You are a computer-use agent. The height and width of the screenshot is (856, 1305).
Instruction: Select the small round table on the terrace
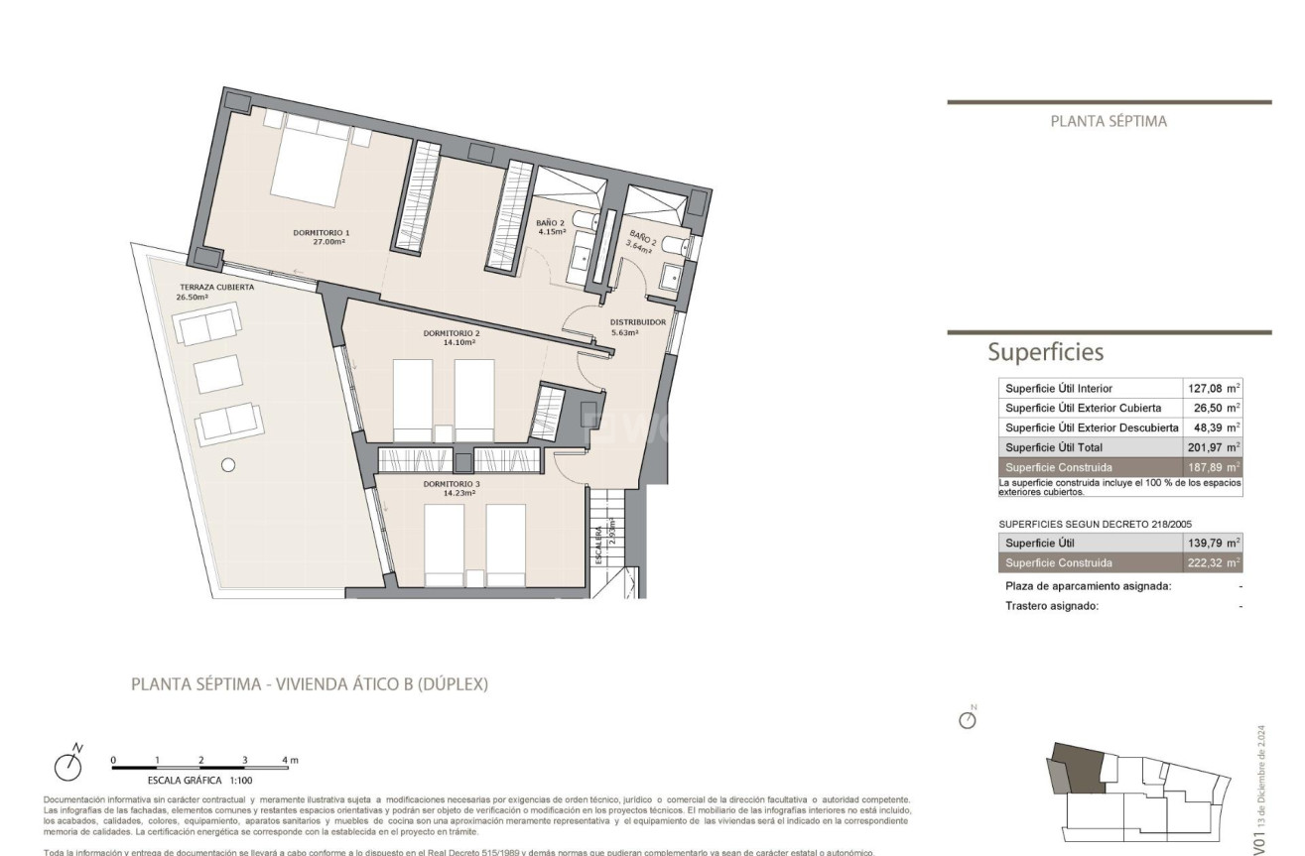(228, 464)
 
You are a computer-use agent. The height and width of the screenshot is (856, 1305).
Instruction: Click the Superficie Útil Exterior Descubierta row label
(1092, 428)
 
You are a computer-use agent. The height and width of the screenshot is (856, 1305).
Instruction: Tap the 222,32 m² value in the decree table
(1214, 562)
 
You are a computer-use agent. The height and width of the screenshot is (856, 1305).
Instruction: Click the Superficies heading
(1045, 352)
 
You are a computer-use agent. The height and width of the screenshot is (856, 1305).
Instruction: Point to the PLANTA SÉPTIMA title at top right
(1109, 122)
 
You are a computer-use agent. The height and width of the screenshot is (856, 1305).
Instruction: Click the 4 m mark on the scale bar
(289, 760)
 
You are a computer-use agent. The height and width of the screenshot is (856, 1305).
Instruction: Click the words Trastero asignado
(1052, 606)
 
